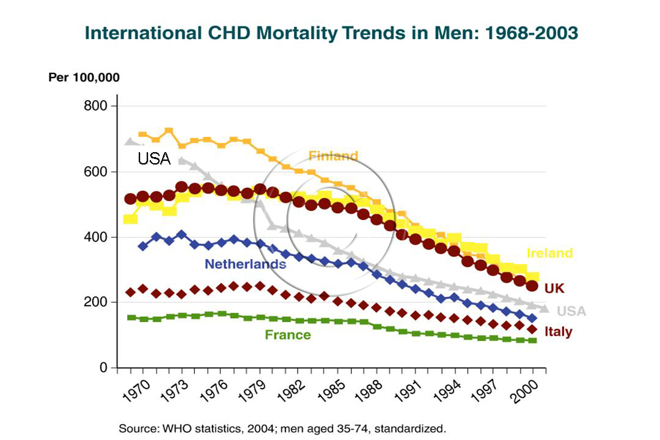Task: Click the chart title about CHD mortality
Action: pyautogui.click(x=331, y=33)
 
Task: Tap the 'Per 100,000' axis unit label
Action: pyautogui.click(x=84, y=78)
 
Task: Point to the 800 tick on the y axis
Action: pyautogui.click(x=95, y=106)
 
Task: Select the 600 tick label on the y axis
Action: pyautogui.click(x=95, y=172)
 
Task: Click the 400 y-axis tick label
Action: pyautogui.click(x=95, y=237)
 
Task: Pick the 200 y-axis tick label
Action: pyautogui.click(x=95, y=302)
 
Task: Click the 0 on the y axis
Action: pyautogui.click(x=104, y=368)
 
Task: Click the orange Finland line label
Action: pyautogui.click(x=333, y=156)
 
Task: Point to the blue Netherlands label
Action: pyautogui.click(x=245, y=264)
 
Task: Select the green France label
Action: pyautogui.click(x=288, y=335)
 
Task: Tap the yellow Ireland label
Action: pyautogui.click(x=549, y=253)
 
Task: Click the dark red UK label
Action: pyautogui.click(x=554, y=288)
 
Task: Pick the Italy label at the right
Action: pyautogui.click(x=558, y=332)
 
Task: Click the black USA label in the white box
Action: pyautogui.click(x=154, y=159)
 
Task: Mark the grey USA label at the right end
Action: pyautogui.click(x=571, y=311)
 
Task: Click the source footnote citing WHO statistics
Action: pyautogui.click(x=282, y=428)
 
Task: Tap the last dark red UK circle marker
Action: pyautogui.click(x=532, y=285)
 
